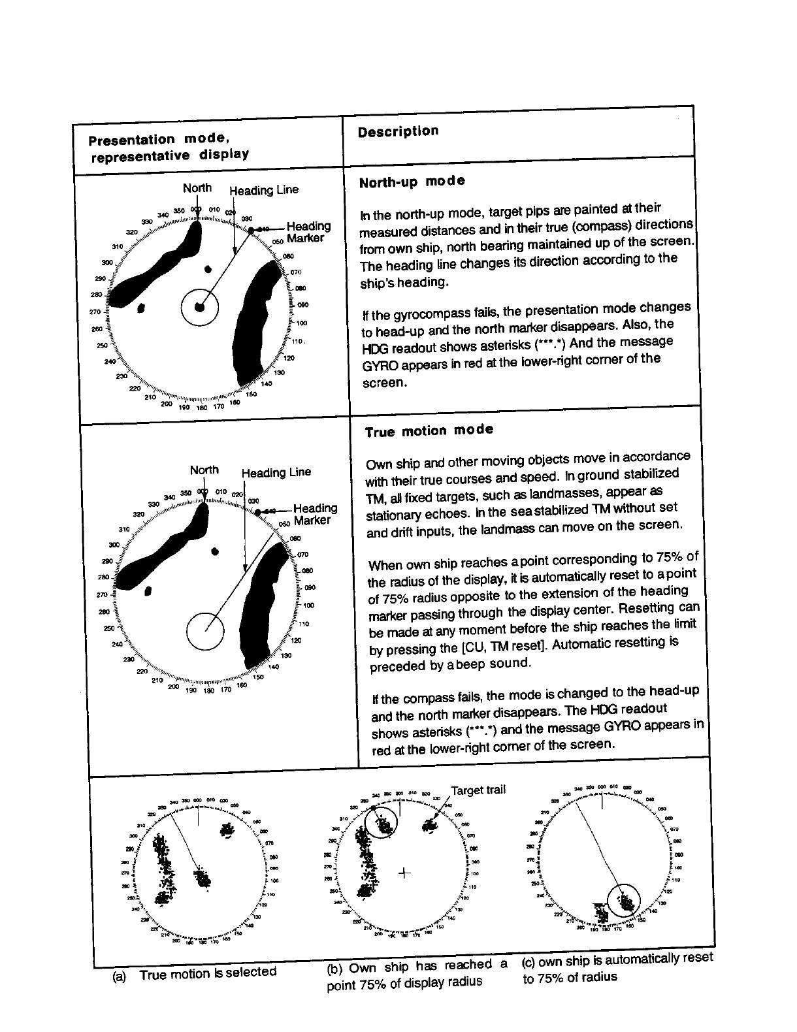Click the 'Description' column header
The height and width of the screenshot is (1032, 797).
click(x=398, y=131)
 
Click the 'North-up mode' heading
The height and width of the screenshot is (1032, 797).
click(x=412, y=182)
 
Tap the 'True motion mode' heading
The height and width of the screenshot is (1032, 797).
click(x=429, y=430)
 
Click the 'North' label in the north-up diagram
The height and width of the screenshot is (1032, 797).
click(x=197, y=188)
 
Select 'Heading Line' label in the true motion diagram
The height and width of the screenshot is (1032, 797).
click(x=276, y=472)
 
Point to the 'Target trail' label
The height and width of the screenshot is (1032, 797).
click(x=478, y=790)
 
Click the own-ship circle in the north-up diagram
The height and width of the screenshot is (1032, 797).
click(x=199, y=307)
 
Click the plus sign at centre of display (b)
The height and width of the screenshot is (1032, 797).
click(x=405, y=872)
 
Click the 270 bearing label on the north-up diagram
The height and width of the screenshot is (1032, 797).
click(x=94, y=312)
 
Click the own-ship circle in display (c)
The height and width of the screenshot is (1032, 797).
click(x=625, y=901)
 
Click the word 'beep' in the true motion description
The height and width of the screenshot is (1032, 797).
click(x=476, y=664)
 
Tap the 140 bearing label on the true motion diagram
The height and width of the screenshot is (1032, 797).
click(x=273, y=667)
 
